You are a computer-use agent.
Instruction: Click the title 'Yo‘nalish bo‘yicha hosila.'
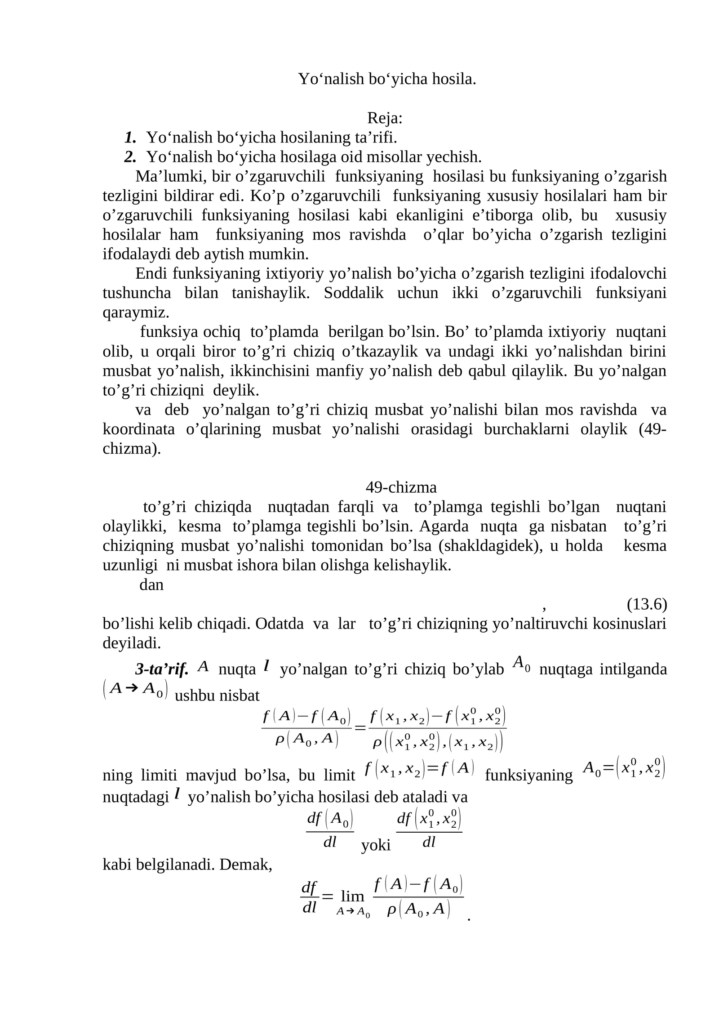[x=387, y=79]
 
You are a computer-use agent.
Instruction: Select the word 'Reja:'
[x=385, y=118]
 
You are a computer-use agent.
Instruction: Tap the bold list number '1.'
[x=130, y=137]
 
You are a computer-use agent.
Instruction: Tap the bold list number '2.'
[x=130, y=157]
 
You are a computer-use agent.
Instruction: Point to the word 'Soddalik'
[x=354, y=293]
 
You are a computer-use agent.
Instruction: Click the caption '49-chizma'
[x=401, y=487]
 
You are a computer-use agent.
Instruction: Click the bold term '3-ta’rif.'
[x=162, y=669]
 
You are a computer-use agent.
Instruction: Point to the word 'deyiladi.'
[x=132, y=643]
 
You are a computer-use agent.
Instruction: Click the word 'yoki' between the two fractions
[x=376, y=846]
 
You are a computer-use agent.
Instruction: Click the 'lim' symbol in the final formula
[x=352, y=896]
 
